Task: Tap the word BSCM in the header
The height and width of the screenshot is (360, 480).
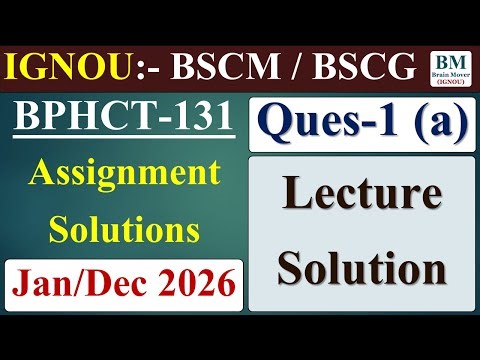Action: pos(204,68)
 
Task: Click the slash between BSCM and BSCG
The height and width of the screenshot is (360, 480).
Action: pos(279,68)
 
